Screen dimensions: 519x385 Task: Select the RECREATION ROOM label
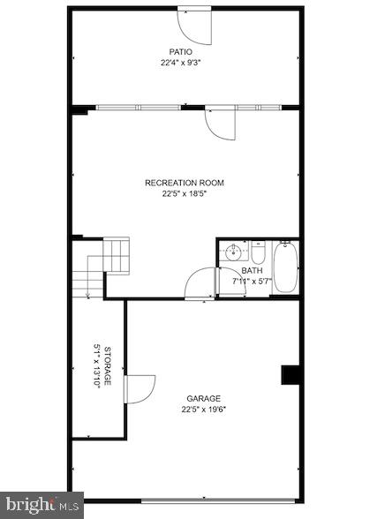(x=185, y=183)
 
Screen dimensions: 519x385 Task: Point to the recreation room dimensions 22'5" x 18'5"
(x=185, y=194)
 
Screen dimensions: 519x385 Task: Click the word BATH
(x=252, y=271)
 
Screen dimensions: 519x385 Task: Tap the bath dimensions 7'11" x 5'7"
(x=252, y=282)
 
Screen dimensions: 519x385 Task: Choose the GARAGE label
(x=203, y=398)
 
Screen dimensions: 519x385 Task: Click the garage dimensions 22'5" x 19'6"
(x=203, y=410)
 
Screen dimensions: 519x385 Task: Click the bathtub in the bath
(x=286, y=267)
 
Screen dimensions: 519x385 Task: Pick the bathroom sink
(x=232, y=252)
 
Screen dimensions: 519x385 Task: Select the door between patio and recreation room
(x=220, y=124)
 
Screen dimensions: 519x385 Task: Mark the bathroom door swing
(x=200, y=284)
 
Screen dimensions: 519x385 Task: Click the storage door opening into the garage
(x=139, y=389)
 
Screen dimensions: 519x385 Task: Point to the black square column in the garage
(x=291, y=375)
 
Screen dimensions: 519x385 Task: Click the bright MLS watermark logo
(x=42, y=505)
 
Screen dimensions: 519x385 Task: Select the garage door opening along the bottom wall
(x=221, y=502)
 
